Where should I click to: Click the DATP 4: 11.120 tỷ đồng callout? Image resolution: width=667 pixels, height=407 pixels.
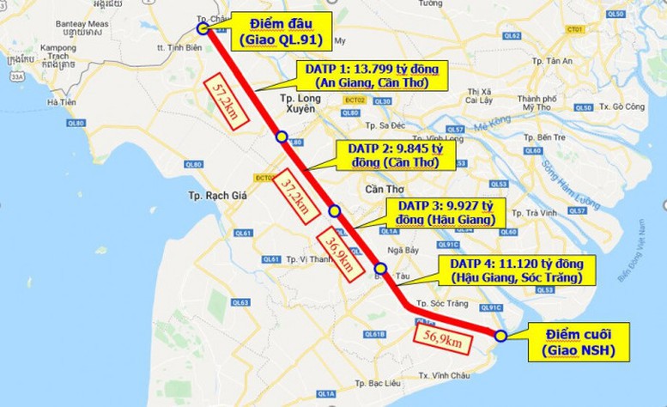(516, 269)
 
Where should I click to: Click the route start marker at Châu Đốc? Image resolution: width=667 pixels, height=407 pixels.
(203, 27)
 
